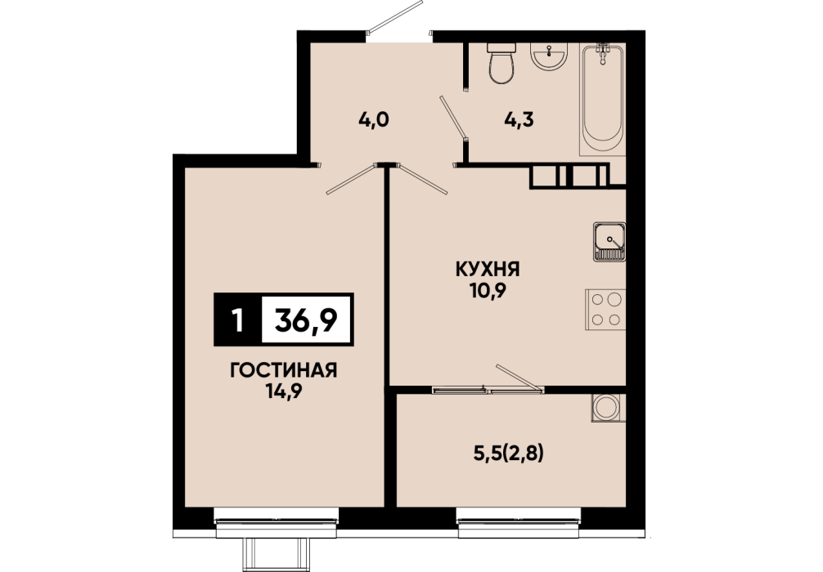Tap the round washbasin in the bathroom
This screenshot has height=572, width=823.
click(548, 56)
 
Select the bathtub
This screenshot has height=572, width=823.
click(603, 100)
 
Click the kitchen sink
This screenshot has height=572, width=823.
click(609, 242)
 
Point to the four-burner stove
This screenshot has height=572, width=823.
click(605, 310)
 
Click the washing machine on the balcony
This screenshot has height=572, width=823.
click(609, 408)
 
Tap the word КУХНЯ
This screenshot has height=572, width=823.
click(488, 270)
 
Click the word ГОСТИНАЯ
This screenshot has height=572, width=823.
click(283, 371)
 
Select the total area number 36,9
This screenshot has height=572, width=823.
click(306, 320)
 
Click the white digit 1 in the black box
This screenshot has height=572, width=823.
click(238, 320)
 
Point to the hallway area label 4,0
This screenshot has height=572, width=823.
click(374, 120)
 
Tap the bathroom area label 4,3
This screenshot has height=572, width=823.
click(519, 120)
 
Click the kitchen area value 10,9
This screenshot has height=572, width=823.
click(488, 290)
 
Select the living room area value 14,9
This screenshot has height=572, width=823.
click(283, 391)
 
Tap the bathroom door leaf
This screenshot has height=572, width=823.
click(453, 118)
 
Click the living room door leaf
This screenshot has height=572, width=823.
click(351, 179)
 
